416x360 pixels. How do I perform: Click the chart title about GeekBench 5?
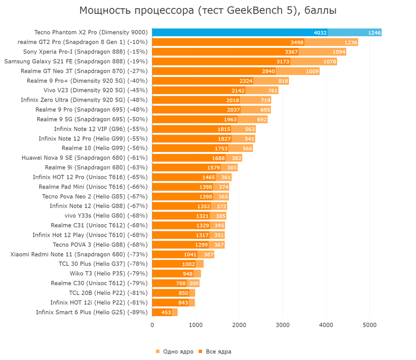pyautogui.click(x=208, y=11)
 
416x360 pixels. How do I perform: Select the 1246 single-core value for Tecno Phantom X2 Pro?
pyautogui.click(x=374, y=33)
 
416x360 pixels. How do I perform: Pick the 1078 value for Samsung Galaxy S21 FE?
pyautogui.click(x=329, y=61)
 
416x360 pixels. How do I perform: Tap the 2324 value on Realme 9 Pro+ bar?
pyautogui.click(x=246, y=81)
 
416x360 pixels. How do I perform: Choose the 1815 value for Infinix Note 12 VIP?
pyautogui.click(x=224, y=129)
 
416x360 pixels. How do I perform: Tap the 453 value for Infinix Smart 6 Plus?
pyautogui.click(x=166, y=312)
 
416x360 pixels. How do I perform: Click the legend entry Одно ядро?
pyautogui.click(x=175, y=352)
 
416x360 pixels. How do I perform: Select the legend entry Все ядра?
pyautogui.click(x=215, y=352)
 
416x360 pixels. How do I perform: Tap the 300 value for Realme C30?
pyautogui.click(x=193, y=283)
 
